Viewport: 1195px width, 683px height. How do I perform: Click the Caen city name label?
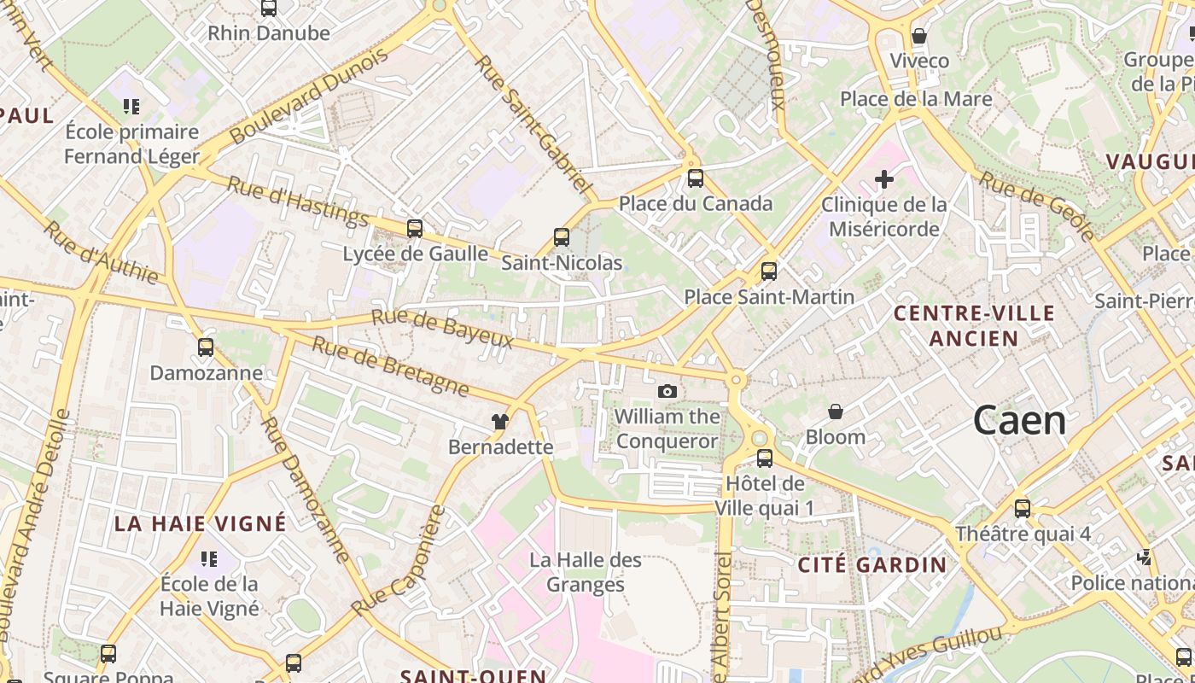[1019, 421]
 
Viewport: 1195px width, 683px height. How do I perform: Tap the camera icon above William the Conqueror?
[667, 391]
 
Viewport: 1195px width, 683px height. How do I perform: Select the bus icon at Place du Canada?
[696, 178]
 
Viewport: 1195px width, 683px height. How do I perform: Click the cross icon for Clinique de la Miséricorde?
[884, 179]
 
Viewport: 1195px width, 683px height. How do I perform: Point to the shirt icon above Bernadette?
[500, 421]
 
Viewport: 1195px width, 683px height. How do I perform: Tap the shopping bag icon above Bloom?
[836, 412]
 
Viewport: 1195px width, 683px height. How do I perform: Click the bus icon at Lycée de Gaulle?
[415, 228]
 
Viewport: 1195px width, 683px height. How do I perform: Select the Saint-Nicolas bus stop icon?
[561, 236]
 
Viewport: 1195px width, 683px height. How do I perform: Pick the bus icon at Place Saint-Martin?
[769, 271]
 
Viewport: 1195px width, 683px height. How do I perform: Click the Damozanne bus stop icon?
[206, 347]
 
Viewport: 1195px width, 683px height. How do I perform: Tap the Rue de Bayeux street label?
[442, 330]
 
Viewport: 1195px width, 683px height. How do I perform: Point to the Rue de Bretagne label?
[390, 366]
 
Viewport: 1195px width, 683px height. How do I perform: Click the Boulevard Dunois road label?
[309, 96]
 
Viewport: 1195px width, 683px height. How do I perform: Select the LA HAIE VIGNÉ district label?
[201, 523]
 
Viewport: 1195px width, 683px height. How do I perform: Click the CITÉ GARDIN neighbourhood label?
[872, 564]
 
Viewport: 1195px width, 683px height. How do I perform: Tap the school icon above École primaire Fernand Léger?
[131, 107]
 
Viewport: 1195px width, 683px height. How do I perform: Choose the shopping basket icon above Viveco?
[919, 36]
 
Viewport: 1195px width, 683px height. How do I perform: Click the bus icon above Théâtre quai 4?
[1023, 509]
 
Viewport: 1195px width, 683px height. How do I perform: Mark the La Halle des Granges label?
[586, 572]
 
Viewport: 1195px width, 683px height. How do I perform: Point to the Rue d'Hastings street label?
[298, 201]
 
